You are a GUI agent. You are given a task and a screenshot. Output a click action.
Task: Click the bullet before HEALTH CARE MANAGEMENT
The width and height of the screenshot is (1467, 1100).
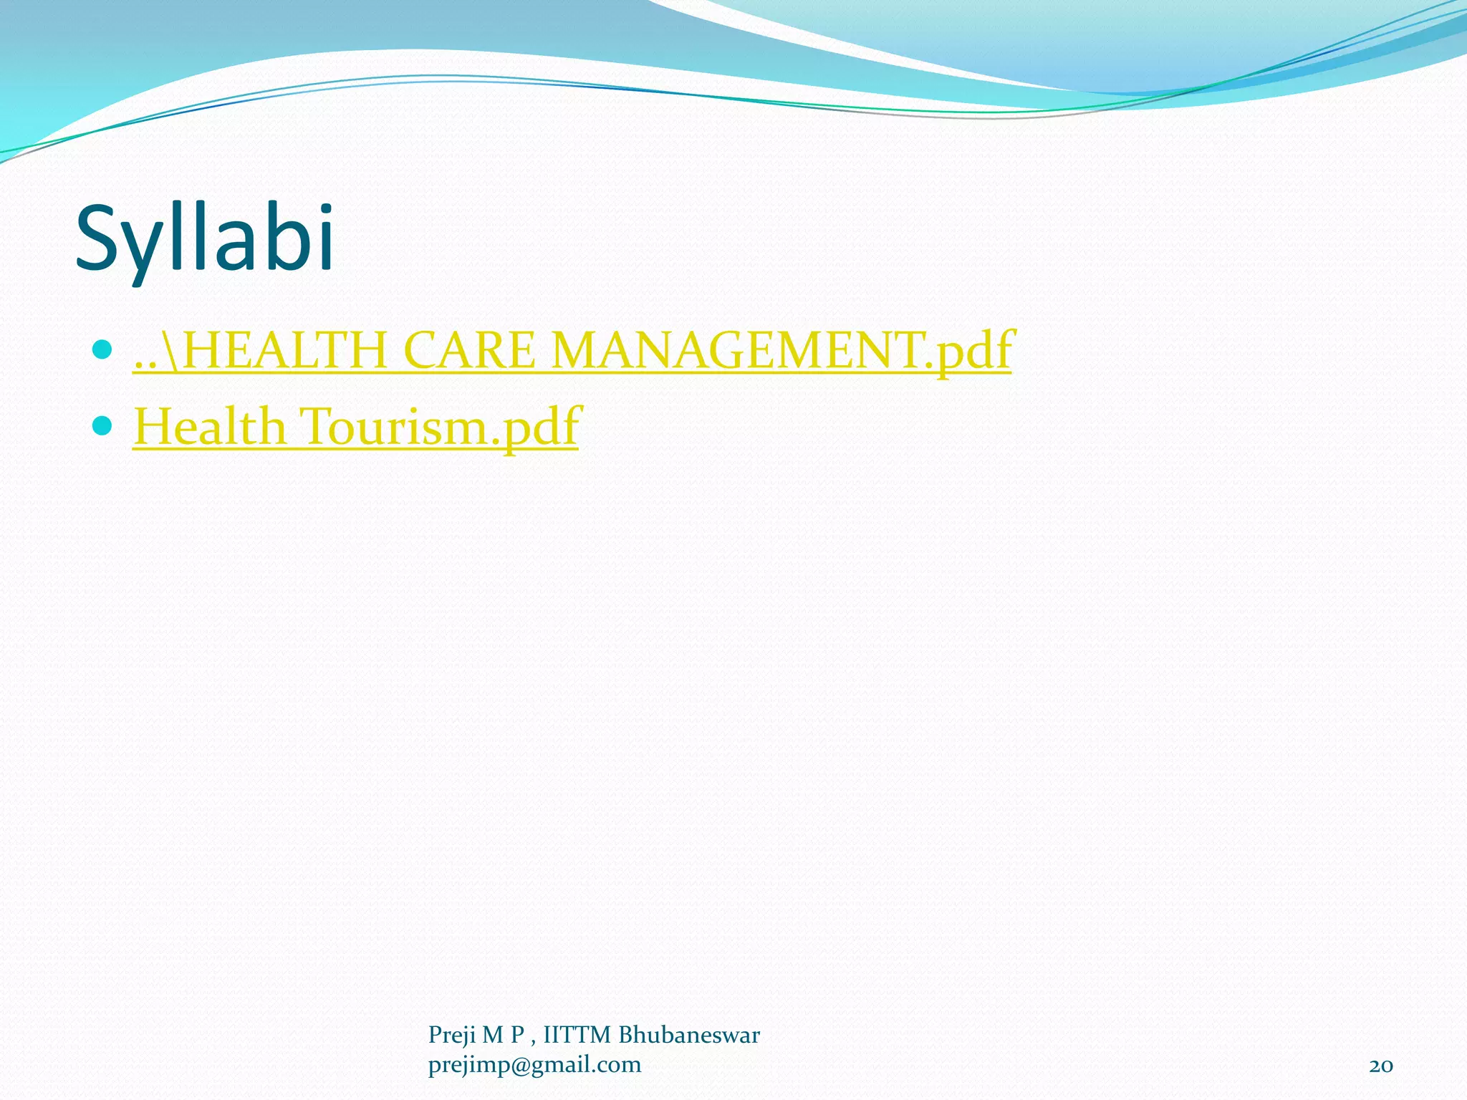tap(103, 349)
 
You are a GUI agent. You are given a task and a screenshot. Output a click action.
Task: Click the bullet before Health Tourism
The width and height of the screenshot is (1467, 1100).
tap(103, 425)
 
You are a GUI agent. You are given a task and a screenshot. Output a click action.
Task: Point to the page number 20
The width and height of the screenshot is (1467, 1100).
tap(1380, 1066)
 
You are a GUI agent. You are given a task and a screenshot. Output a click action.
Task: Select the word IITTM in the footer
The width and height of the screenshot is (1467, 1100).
tap(577, 1036)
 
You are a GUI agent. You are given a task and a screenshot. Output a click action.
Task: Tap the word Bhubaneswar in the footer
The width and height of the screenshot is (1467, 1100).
tap(688, 1036)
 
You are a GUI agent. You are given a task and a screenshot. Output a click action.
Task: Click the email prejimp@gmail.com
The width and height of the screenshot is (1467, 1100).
tap(534, 1065)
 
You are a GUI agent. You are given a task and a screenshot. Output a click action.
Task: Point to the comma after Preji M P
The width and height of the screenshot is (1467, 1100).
tap(533, 1041)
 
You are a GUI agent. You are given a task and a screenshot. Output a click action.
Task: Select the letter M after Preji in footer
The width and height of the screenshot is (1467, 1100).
tap(492, 1036)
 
